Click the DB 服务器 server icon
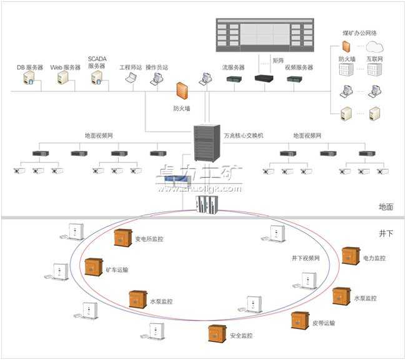(29, 78)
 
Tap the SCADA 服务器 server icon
(96, 77)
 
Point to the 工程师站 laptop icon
(131, 78)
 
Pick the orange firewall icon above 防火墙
(182, 91)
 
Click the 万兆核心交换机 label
(244, 135)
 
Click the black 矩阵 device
(263, 79)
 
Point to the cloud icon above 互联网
(374, 46)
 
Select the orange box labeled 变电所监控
(122, 238)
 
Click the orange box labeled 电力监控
(350, 256)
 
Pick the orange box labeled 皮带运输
(300, 320)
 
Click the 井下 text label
(386, 232)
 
